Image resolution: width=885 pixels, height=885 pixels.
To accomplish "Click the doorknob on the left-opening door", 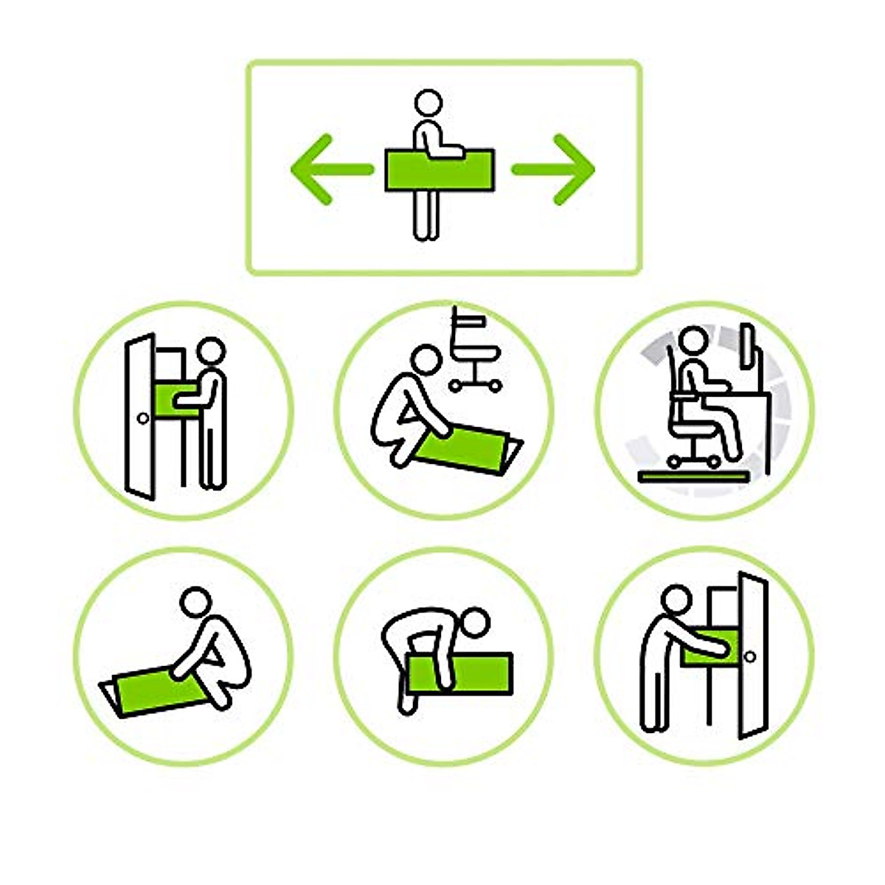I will click(x=143, y=418).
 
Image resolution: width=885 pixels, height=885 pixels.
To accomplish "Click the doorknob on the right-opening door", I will click(x=750, y=656).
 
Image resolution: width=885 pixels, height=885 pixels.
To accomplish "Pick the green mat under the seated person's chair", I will click(x=693, y=476).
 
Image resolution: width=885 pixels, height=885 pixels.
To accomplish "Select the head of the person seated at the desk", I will click(x=693, y=341).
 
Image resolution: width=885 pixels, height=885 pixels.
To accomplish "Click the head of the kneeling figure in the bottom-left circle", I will click(x=195, y=602).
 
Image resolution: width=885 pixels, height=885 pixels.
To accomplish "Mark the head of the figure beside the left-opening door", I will click(x=212, y=351).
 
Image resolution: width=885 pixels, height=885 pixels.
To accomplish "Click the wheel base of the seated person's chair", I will click(x=693, y=457).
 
